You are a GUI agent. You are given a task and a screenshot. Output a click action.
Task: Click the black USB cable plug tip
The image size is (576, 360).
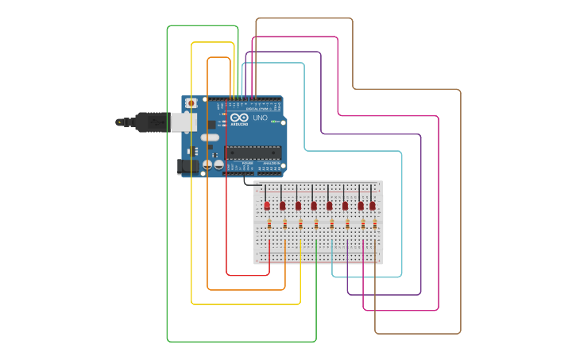(119, 122)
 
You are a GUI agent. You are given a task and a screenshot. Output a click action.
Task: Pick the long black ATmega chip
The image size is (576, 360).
(253, 153)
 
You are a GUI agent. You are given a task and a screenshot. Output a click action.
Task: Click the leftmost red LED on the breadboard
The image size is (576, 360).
(267, 205)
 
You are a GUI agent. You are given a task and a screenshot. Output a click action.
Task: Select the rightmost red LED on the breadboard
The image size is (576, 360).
(372, 205)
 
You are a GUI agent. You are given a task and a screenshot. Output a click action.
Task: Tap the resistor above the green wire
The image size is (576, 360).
(316, 225)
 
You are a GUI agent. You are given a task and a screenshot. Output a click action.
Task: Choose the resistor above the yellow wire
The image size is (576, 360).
(300, 225)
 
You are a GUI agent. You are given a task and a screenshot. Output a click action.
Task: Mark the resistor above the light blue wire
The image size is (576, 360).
(332, 225)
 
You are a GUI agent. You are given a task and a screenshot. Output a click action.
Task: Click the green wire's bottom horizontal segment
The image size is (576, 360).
(238, 341)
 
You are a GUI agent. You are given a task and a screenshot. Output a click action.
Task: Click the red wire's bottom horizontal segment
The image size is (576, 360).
(247, 275)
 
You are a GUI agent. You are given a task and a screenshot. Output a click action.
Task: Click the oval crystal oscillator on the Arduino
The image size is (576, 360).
(209, 137)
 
